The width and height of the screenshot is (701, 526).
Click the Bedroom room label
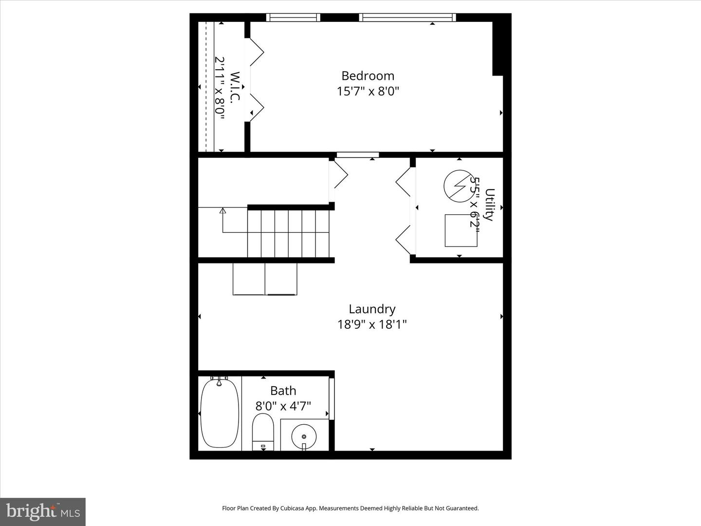point(368,76)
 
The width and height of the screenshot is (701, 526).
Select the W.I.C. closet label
point(235,87)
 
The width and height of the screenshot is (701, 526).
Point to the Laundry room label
point(372,309)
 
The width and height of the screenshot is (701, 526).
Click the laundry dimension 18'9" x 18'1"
point(372,324)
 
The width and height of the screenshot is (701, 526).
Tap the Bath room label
point(283,391)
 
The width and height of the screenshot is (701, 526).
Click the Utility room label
point(490,205)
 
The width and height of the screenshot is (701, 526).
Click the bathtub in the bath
point(220,413)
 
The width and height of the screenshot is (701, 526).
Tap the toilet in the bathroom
point(263,431)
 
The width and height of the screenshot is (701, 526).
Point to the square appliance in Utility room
point(461,230)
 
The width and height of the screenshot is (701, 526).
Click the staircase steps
point(288,233)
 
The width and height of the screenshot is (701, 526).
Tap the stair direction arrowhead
point(223,211)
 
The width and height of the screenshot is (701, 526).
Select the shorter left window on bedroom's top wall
point(293,18)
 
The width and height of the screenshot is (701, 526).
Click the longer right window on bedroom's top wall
point(407,18)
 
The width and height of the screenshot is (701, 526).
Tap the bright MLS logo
point(43,512)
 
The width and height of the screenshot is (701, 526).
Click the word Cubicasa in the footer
point(292,508)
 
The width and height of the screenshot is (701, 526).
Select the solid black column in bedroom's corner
point(498,49)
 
